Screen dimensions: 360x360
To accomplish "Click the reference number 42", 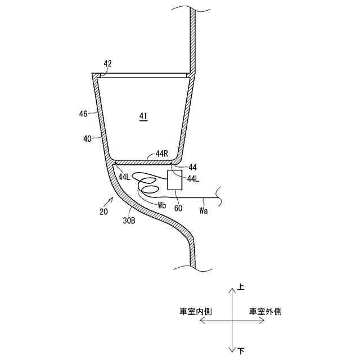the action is [x=107, y=64].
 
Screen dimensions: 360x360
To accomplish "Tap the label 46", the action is [x=83, y=114].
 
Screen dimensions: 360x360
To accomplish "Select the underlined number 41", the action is [x=143, y=116].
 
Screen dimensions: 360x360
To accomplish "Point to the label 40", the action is [x=88, y=137].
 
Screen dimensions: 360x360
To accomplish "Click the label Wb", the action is [x=163, y=205].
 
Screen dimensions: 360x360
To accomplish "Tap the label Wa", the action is [x=205, y=211].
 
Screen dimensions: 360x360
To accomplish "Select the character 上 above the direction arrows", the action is [x=241, y=287].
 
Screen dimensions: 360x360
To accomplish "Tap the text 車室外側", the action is [x=265, y=311].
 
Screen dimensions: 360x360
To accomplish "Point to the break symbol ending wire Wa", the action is [x=223, y=197].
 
